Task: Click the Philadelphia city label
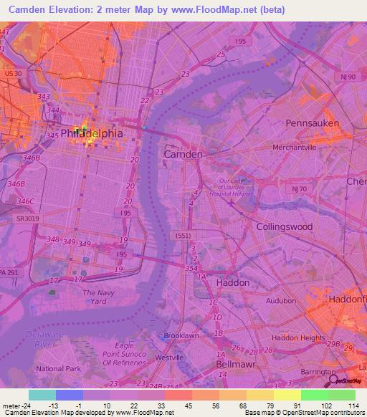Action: [92, 133]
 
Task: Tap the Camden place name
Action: [183, 154]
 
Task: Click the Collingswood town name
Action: [285, 226]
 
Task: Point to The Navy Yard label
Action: [98, 297]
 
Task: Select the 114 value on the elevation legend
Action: [352, 406]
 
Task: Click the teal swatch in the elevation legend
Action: [42, 395]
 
